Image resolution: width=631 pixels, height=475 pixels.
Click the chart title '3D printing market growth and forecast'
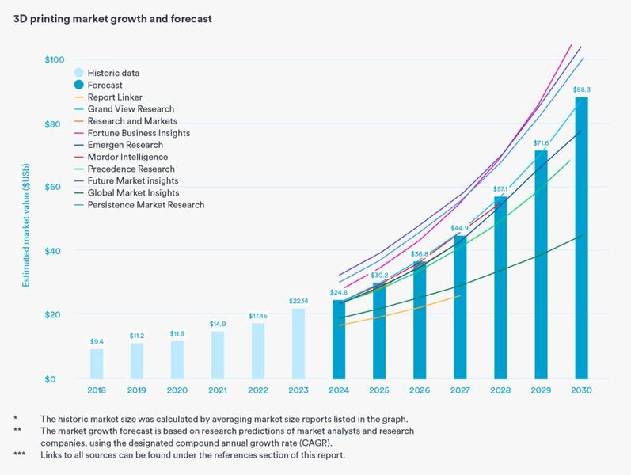tap(112, 18)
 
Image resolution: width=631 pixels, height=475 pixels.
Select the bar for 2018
tap(97, 363)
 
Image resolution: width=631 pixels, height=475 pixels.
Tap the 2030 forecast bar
tap(581, 237)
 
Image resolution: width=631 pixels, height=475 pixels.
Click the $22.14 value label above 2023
tap(298, 301)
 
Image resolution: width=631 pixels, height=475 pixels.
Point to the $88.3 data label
tap(581, 89)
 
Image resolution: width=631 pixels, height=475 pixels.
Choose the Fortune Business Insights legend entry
tap(139, 133)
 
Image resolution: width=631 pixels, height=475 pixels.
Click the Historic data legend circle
tap(79, 73)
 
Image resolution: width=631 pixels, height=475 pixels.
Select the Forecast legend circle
tap(79, 85)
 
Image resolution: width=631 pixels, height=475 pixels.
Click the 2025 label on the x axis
tap(378, 390)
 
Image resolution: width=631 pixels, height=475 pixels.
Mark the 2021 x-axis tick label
tap(217, 390)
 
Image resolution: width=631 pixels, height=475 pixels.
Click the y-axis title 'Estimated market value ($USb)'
tap(26, 220)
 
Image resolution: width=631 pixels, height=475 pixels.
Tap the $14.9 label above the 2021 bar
tap(217, 324)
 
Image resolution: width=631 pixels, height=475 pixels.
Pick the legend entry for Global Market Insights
tap(133, 192)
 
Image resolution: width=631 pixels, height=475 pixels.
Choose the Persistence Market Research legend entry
tap(146, 204)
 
